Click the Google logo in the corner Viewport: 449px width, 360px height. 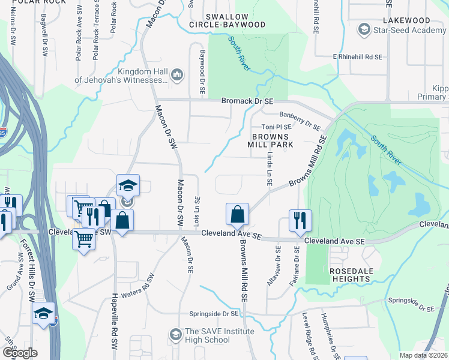pyautogui.click(x=19, y=353)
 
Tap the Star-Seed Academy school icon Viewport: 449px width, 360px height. pyautogui.click(x=364, y=29)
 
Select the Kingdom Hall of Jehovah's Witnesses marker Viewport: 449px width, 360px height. pyautogui.click(x=176, y=75)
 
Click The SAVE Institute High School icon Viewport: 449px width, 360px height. pyautogui.click(x=176, y=334)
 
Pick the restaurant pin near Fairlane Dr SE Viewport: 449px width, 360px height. pyautogui.click(x=299, y=220)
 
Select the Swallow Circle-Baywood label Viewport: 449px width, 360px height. pyautogui.click(x=235, y=20)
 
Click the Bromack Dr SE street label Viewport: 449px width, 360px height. pyautogui.click(x=247, y=102)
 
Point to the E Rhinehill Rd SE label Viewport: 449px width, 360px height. pyautogui.click(x=358, y=56)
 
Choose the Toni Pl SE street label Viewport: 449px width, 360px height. pyautogui.click(x=276, y=127)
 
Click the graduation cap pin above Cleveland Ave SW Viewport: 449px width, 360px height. pyautogui.click(x=128, y=185)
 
